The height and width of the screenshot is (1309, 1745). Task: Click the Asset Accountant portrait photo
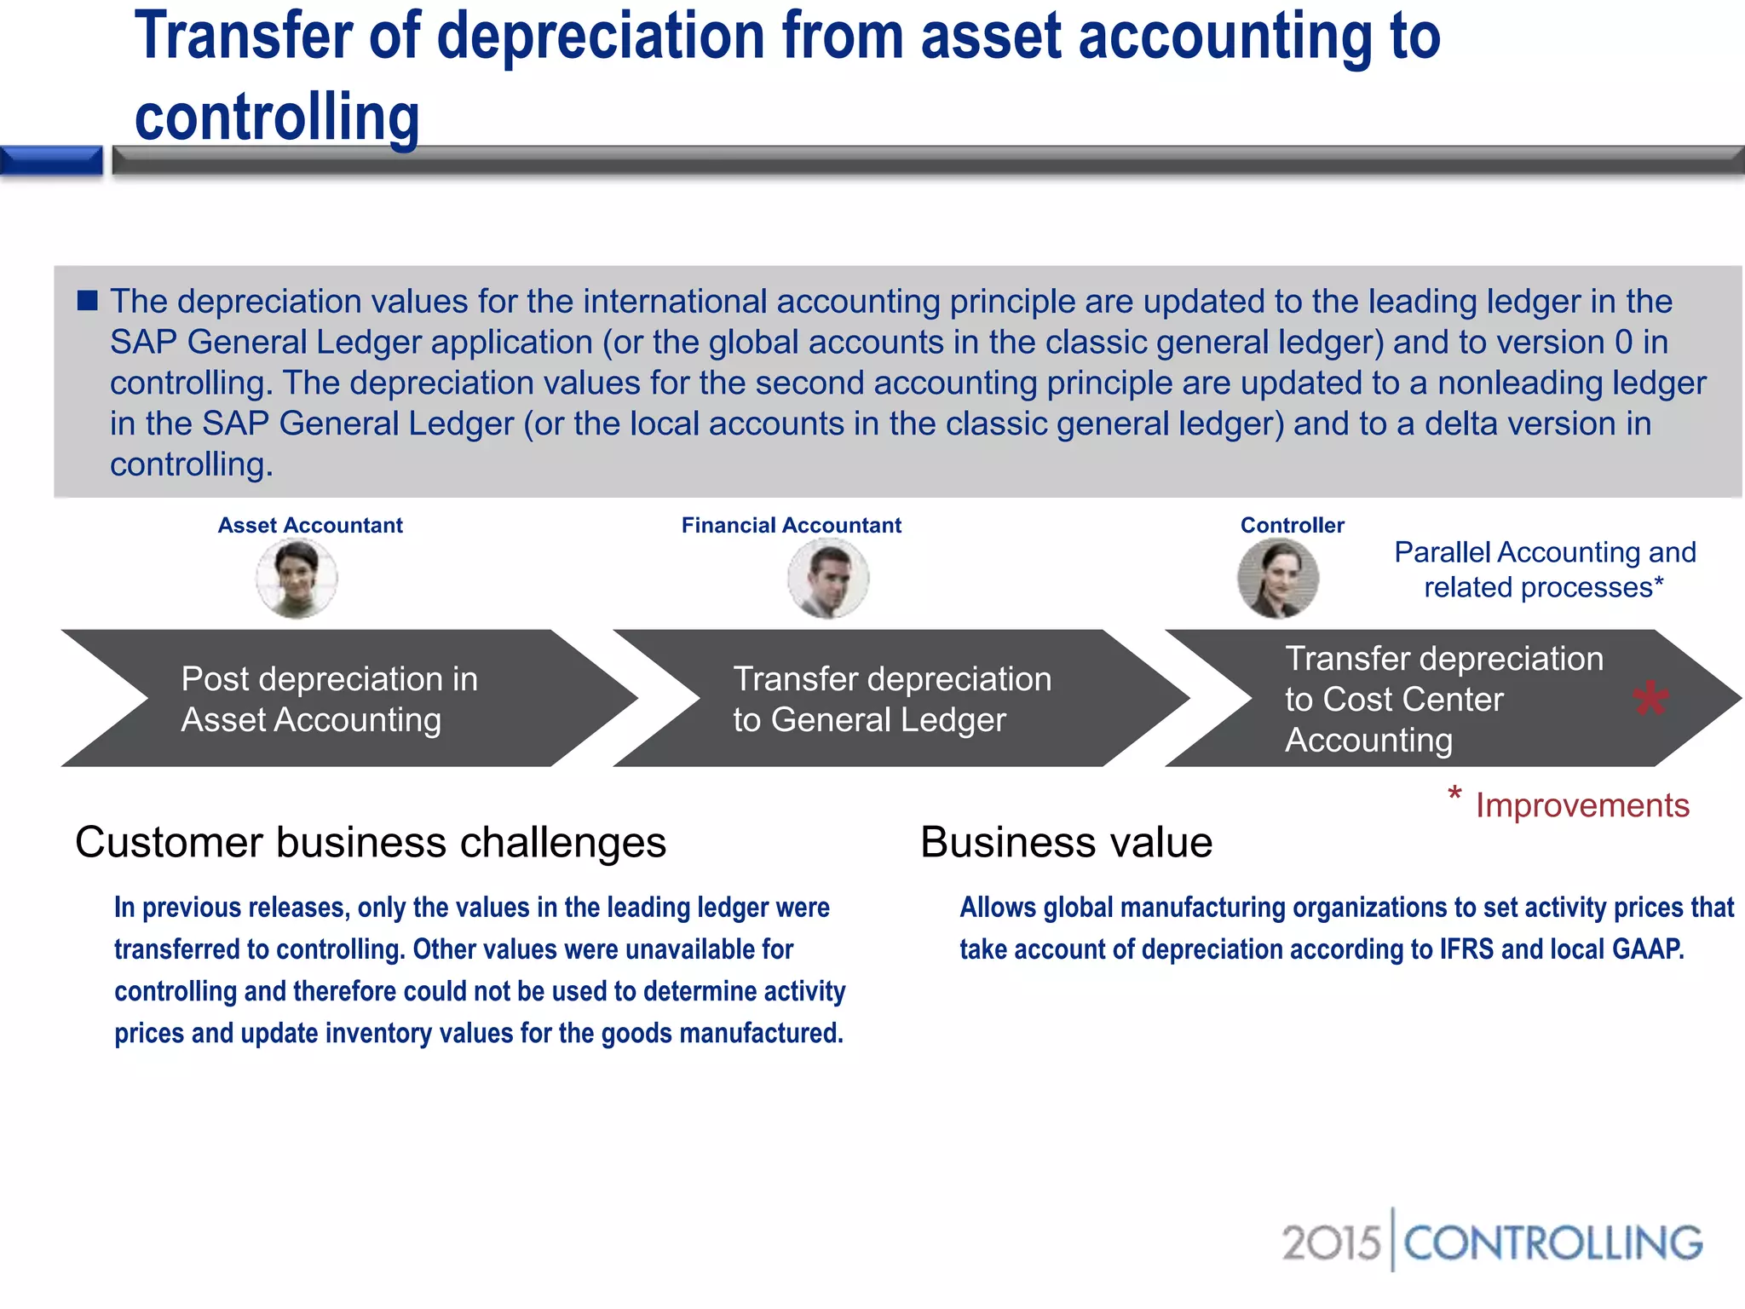tap(297, 580)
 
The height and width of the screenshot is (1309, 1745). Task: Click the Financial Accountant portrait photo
tap(828, 580)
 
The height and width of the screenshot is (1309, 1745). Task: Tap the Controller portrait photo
tap(1278, 580)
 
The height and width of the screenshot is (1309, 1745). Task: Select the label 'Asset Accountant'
tap(310, 525)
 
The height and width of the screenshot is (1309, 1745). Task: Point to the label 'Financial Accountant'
tap(791, 525)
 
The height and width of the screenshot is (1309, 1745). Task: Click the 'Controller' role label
tap(1292, 525)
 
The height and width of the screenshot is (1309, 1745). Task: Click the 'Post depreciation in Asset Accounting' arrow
tap(341, 699)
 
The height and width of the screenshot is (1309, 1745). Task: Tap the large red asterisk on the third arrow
tap(1650, 701)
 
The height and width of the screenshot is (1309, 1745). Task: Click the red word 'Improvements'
tap(1582, 805)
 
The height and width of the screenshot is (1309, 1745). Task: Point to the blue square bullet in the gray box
tap(88, 300)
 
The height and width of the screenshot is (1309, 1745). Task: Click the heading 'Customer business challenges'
tap(371, 842)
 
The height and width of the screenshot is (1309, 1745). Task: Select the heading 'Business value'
tap(1066, 842)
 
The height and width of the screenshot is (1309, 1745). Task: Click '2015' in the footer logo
tap(1331, 1243)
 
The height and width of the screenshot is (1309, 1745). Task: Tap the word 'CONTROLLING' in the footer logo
tap(1552, 1243)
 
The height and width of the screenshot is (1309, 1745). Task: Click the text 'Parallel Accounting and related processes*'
tap(1545, 569)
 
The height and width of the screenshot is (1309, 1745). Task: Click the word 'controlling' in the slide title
tap(277, 117)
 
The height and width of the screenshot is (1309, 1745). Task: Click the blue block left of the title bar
tap(51, 160)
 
